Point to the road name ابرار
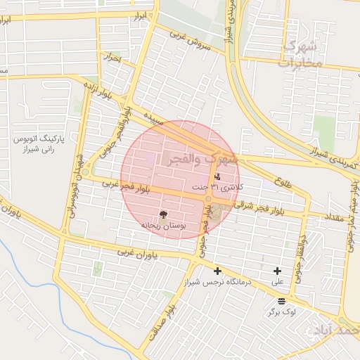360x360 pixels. pyautogui.click(x=143, y=15)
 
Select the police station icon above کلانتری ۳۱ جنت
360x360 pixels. pyautogui.click(x=217, y=176)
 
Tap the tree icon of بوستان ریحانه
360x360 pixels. pyautogui.click(x=163, y=213)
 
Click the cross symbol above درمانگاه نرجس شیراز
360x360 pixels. pyautogui.click(x=217, y=271)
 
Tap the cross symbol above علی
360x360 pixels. pyautogui.click(x=278, y=271)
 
